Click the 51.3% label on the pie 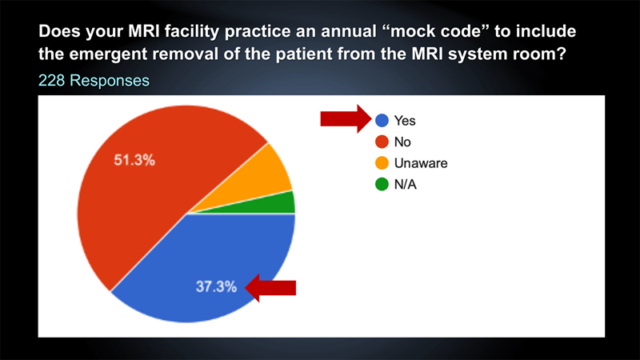click(134, 160)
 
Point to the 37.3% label click(216, 286)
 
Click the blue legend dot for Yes click(382, 121)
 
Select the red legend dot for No click(382, 142)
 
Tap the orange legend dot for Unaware click(382, 163)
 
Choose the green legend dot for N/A click(382, 184)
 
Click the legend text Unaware click(421, 163)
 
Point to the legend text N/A click(406, 185)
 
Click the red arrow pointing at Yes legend click(346, 118)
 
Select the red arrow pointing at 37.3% click(270, 288)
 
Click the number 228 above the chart click(51, 81)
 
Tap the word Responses click(110, 81)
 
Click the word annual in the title click(349, 31)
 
